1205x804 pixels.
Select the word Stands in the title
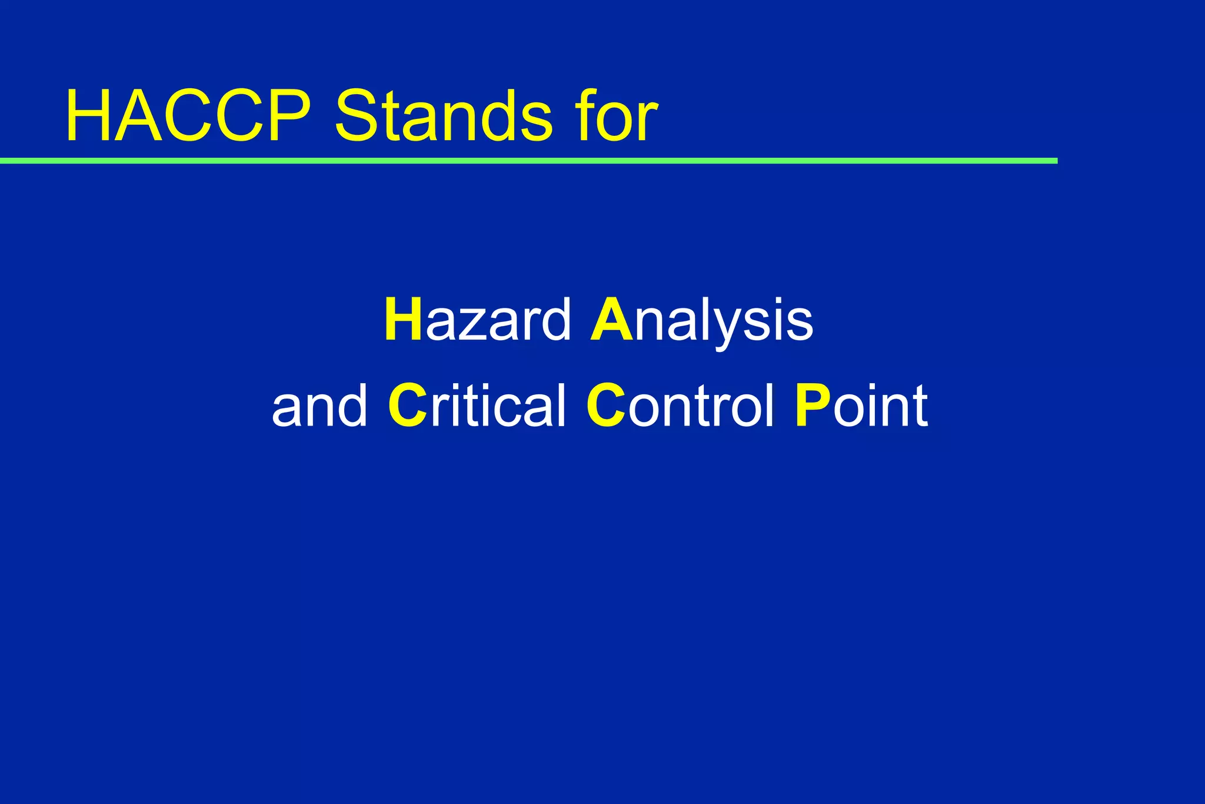[x=444, y=117]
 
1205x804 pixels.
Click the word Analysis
[x=702, y=320]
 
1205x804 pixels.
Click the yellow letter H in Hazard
[x=403, y=320]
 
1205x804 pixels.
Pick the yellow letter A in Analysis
[x=611, y=320]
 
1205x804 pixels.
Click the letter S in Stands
[x=357, y=117]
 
